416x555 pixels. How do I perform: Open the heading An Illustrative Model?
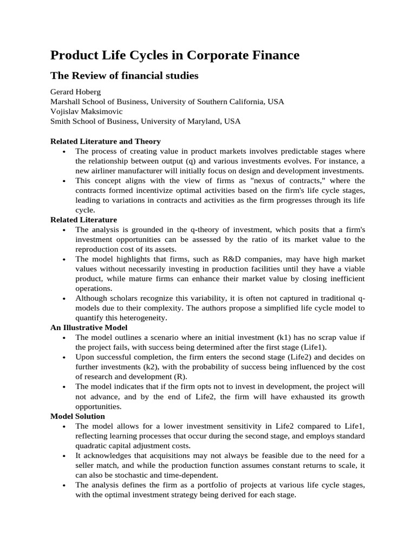[x=90, y=327]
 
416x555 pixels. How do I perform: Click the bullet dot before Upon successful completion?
[x=64, y=357]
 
